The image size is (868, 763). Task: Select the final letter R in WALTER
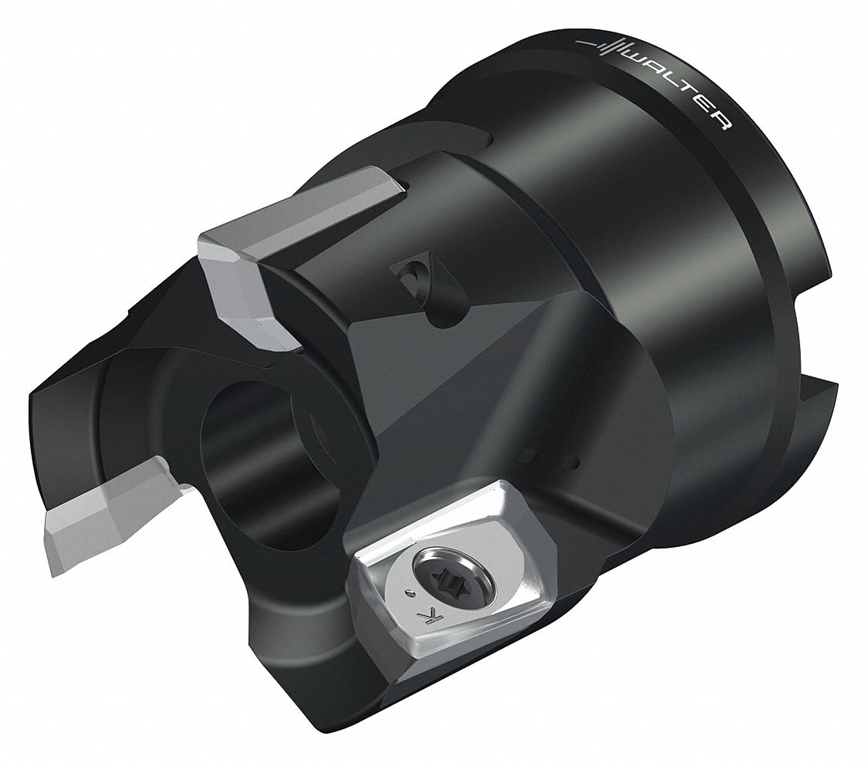point(719,123)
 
